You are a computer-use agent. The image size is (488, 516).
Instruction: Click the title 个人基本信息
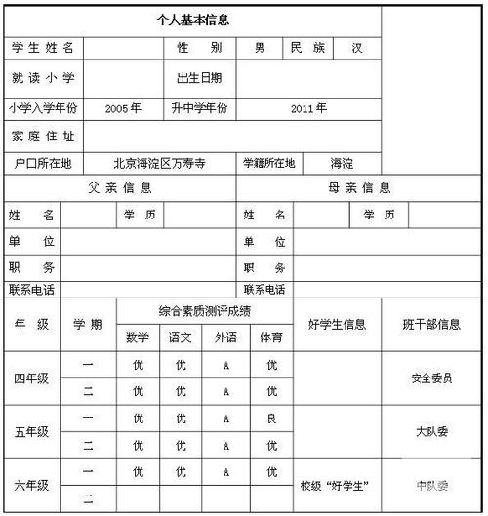pyautogui.click(x=193, y=19)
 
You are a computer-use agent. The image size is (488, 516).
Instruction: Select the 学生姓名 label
pyautogui.click(x=46, y=47)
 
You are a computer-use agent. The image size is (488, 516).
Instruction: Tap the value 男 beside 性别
pyautogui.click(x=260, y=47)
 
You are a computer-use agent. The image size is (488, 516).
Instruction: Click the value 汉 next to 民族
pyautogui.click(x=357, y=47)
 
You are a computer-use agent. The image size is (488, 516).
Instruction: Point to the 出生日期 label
pyautogui.click(x=199, y=77)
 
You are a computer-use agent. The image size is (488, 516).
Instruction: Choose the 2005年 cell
pyautogui.click(x=123, y=108)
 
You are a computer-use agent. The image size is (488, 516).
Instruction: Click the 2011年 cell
pyautogui.click(x=308, y=108)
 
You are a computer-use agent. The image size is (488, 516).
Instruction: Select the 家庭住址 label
pyautogui.click(x=43, y=137)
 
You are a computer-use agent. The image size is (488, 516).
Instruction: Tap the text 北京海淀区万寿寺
pyautogui.click(x=160, y=164)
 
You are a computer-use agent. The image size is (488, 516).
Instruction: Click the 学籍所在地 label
pyautogui.click(x=269, y=164)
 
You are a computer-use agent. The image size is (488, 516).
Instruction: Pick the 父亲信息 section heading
pyautogui.click(x=120, y=188)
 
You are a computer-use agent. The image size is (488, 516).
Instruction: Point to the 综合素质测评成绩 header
pyautogui.click(x=205, y=311)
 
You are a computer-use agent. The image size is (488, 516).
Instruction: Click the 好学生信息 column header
pyautogui.click(x=337, y=324)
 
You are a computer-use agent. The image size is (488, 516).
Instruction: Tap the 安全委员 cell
pyautogui.click(x=432, y=378)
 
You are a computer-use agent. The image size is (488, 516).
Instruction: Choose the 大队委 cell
pyautogui.click(x=432, y=431)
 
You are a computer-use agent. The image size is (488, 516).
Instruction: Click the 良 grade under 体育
pyautogui.click(x=271, y=417)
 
